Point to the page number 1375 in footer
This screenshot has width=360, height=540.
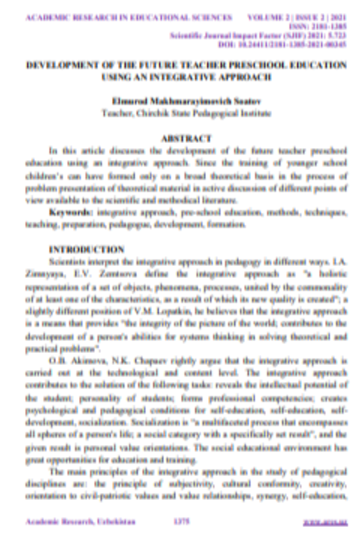pos(181,522)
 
